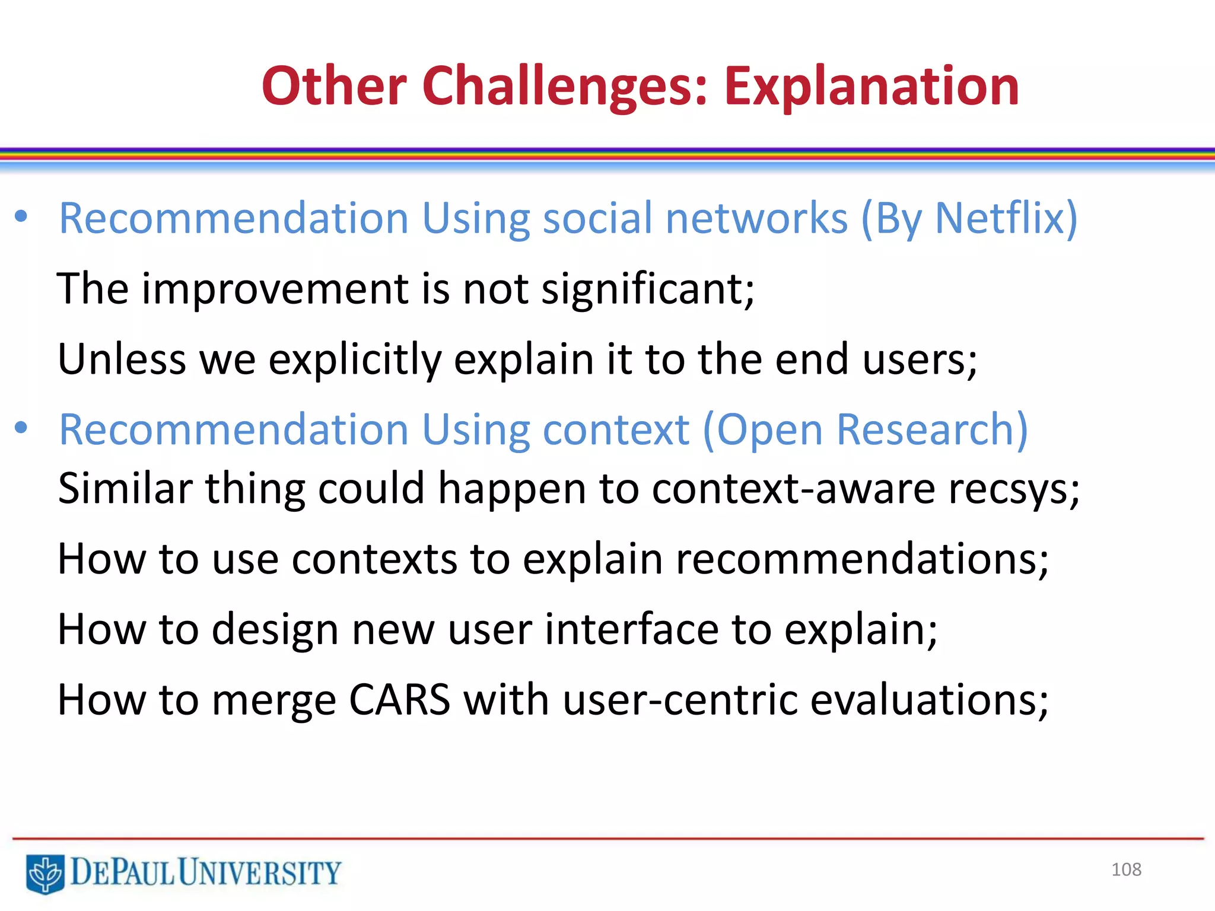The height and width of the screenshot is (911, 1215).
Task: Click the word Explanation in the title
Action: (871, 87)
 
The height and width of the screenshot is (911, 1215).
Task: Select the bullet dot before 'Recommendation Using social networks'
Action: (21, 216)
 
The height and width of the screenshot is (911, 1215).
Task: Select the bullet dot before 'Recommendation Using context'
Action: (21, 428)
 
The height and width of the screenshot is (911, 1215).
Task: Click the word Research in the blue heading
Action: (926, 429)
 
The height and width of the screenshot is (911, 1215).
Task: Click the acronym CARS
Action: (399, 700)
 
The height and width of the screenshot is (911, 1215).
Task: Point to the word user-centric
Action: (679, 700)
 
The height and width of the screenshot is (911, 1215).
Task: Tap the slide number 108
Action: (1125, 869)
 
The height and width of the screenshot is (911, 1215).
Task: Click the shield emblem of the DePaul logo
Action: (45, 873)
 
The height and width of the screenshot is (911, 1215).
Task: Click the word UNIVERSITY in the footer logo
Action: (259, 873)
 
